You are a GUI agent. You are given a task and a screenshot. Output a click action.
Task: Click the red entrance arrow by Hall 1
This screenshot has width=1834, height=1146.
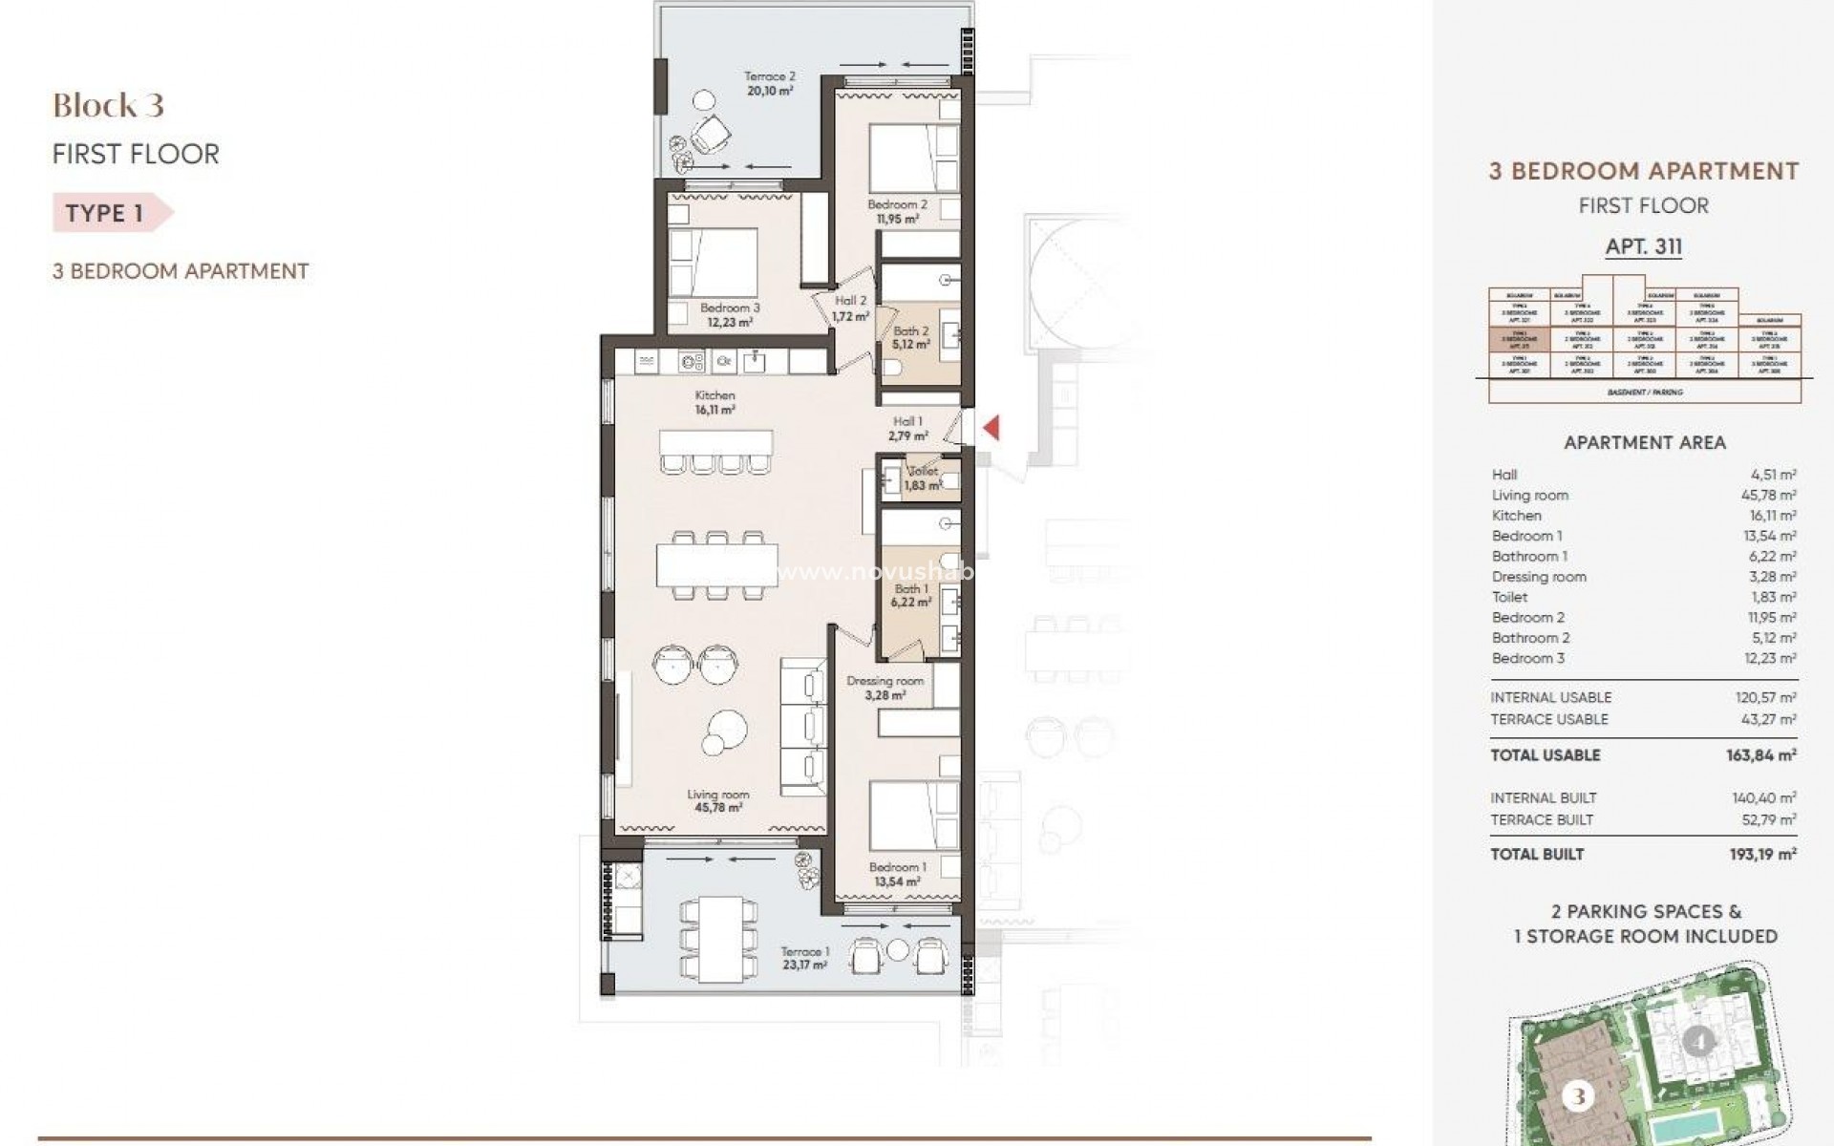click(x=992, y=427)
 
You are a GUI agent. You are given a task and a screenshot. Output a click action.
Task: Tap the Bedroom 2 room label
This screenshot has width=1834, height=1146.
click(x=897, y=211)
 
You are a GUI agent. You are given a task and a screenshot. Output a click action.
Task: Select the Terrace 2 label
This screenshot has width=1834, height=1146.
click(x=769, y=83)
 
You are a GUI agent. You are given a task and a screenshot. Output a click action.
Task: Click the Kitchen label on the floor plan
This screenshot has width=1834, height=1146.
click(x=714, y=402)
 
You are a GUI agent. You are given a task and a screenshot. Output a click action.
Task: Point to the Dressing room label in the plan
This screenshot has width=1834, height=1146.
click(x=885, y=688)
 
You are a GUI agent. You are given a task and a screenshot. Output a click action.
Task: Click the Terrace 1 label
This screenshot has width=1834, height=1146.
click(x=804, y=958)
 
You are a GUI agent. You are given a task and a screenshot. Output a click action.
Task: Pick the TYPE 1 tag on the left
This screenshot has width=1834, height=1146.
click(x=105, y=213)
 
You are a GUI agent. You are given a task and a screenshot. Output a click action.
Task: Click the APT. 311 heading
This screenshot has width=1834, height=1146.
click(x=1643, y=246)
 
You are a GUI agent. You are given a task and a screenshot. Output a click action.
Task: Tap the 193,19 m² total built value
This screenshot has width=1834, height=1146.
click(x=1762, y=855)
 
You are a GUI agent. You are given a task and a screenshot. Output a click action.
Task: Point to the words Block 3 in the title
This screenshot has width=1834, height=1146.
click(x=108, y=105)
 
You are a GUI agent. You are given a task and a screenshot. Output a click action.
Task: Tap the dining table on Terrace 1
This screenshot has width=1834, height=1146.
click(x=720, y=938)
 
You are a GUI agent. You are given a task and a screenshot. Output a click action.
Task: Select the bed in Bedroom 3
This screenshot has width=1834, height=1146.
click(x=713, y=262)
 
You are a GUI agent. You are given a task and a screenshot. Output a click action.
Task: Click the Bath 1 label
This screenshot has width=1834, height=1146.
click(x=909, y=596)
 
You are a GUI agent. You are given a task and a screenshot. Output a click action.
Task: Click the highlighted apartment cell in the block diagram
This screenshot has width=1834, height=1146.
click(x=1519, y=340)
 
